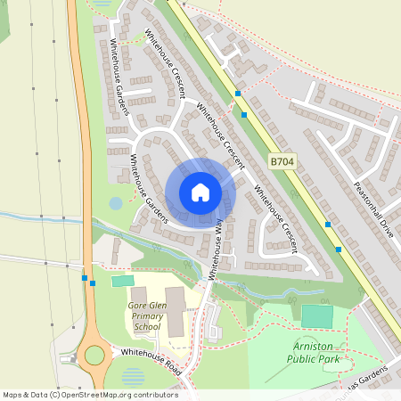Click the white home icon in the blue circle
click(x=200, y=192)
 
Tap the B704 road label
click(x=282, y=161)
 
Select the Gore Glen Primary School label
click(x=145, y=315)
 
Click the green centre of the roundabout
click(x=94, y=356)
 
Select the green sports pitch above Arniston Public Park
click(x=317, y=315)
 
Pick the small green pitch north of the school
click(x=122, y=281)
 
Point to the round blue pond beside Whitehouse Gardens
click(x=116, y=203)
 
